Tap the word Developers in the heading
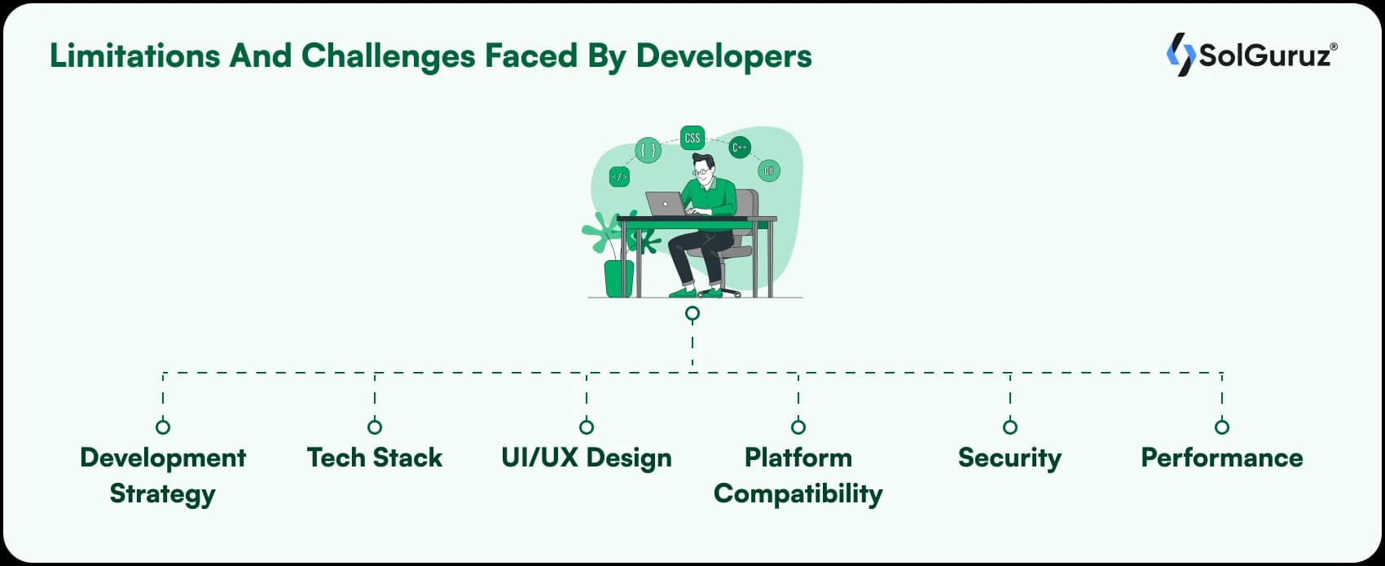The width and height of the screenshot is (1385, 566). (x=723, y=56)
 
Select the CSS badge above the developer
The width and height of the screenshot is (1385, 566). (x=692, y=138)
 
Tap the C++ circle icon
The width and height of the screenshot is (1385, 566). (x=740, y=148)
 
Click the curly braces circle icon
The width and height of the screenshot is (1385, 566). (x=648, y=150)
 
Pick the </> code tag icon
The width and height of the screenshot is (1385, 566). (x=619, y=176)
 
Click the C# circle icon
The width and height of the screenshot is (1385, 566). (x=768, y=170)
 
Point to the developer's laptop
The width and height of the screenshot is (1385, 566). (x=666, y=204)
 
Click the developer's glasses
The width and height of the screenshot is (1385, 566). (x=701, y=172)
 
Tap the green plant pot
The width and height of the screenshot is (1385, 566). (x=619, y=279)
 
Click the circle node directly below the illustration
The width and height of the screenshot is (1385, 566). (x=692, y=313)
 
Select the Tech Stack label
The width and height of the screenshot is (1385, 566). (x=375, y=458)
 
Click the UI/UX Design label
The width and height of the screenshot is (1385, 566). (x=587, y=458)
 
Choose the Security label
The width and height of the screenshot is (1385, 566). (x=1009, y=458)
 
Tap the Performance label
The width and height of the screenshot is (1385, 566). (x=1221, y=458)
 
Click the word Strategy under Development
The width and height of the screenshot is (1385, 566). (x=163, y=493)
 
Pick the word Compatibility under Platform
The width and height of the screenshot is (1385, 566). (x=798, y=493)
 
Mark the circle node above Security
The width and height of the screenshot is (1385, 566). (x=1010, y=427)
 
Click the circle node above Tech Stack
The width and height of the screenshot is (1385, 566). (x=375, y=427)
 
